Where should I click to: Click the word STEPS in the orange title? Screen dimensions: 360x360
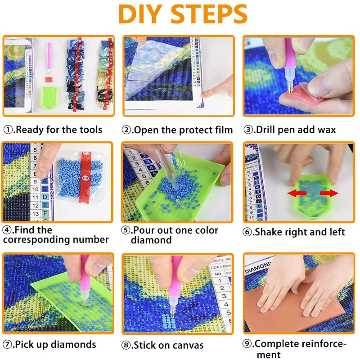coord(209,14)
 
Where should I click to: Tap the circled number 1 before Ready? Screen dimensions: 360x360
coord(8,130)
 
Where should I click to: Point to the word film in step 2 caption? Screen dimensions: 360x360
coord(224,130)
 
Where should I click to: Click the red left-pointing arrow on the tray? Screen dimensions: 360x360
coord(297,193)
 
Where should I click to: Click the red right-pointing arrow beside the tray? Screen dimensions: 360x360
coord(329,193)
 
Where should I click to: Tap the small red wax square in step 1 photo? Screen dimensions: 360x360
coord(49,80)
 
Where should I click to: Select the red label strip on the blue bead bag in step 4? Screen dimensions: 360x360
coord(85,176)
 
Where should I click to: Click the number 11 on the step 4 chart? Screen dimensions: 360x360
coord(35,197)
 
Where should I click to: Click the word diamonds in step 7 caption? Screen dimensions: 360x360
coord(73,344)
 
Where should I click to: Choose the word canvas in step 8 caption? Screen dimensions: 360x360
coord(188,345)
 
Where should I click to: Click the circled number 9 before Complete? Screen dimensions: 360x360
coord(247,344)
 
